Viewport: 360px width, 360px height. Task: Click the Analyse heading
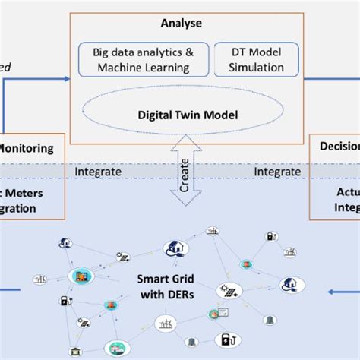tap(181, 24)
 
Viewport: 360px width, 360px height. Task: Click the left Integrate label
tap(98, 172)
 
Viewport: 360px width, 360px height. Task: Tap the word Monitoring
tap(27, 150)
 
